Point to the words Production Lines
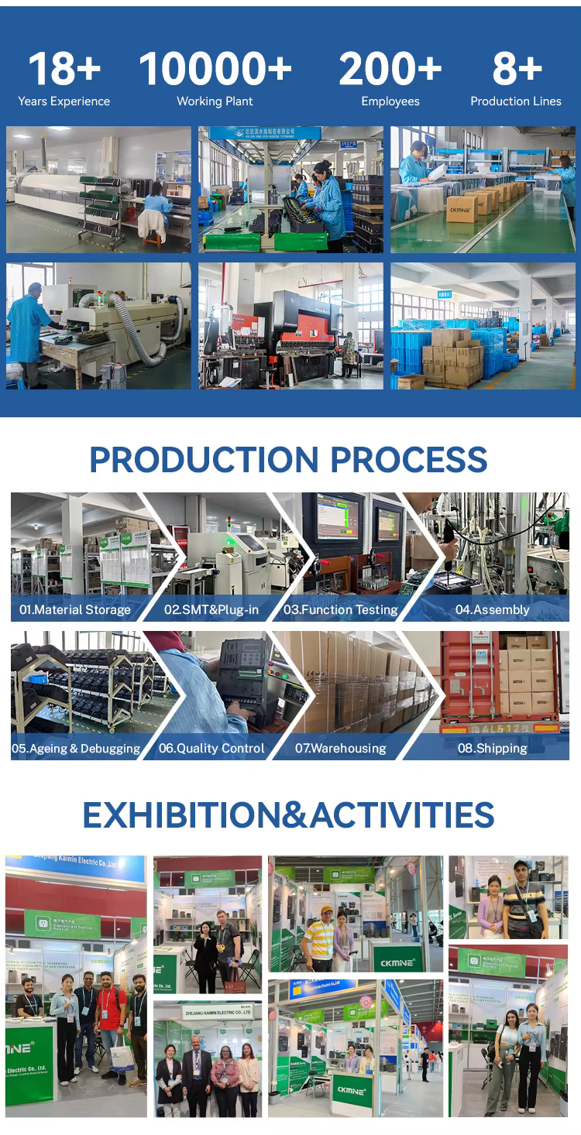click(516, 101)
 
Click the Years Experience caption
click(64, 101)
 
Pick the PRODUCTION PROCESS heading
click(288, 459)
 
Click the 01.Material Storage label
click(75, 609)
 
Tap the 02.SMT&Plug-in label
click(211, 609)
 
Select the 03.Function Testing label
click(341, 609)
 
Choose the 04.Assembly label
click(492, 609)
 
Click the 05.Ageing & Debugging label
click(76, 749)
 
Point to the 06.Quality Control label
click(211, 749)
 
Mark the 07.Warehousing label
click(341, 749)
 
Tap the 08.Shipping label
click(492, 749)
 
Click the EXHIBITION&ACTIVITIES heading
click(288, 814)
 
